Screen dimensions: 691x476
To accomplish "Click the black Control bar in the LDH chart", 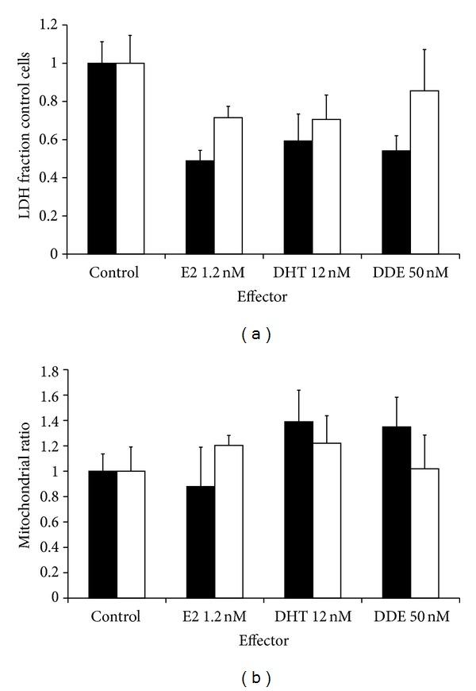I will [102, 159].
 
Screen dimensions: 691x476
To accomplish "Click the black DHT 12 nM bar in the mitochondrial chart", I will [298, 509].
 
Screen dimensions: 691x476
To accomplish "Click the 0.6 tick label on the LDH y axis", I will [53, 140].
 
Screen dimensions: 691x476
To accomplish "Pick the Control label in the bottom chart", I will [115, 616].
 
